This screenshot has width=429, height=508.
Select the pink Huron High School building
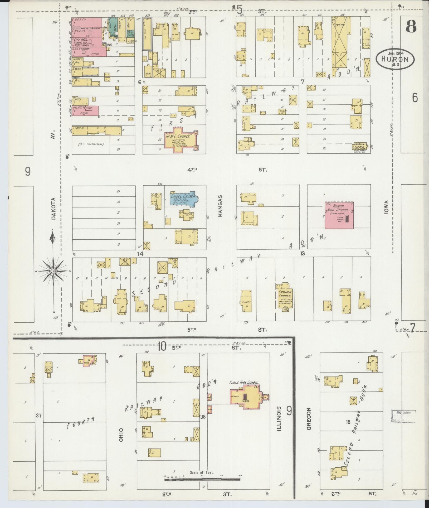coord(339,215)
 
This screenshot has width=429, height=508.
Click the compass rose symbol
coord(53,271)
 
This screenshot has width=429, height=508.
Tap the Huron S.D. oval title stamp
coord(395,60)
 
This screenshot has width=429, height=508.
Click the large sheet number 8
coord(411,27)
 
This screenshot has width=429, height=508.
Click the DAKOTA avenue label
coord(54,208)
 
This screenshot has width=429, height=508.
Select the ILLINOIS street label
coord(279,420)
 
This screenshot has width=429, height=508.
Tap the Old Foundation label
coord(91,144)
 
